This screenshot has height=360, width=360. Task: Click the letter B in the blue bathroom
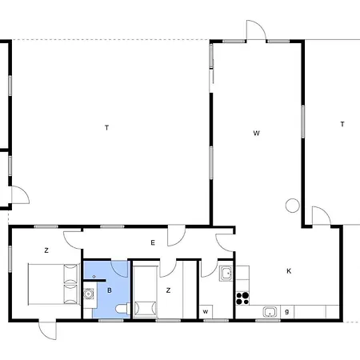point(110,290)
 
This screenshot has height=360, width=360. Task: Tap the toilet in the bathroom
point(123,309)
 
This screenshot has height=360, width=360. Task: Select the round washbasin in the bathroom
point(88,294)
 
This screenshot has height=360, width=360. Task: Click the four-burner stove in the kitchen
point(242,298)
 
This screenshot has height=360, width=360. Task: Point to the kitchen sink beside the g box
point(270,312)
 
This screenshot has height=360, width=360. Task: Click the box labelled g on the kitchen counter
point(287,312)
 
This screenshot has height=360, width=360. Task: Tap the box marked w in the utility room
point(206,312)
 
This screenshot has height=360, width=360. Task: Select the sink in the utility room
point(226,274)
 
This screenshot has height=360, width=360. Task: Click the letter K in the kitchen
point(289,271)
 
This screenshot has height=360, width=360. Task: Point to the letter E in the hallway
point(153,242)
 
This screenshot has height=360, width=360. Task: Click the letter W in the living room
point(256,133)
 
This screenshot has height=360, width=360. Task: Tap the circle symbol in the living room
point(293,206)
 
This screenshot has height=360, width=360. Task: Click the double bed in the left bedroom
point(54,284)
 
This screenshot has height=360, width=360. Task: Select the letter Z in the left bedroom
point(46,250)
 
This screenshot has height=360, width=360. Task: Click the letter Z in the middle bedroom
point(168,290)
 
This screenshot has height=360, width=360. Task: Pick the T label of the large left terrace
point(107,128)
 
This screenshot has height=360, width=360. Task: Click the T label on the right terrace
point(342,124)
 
